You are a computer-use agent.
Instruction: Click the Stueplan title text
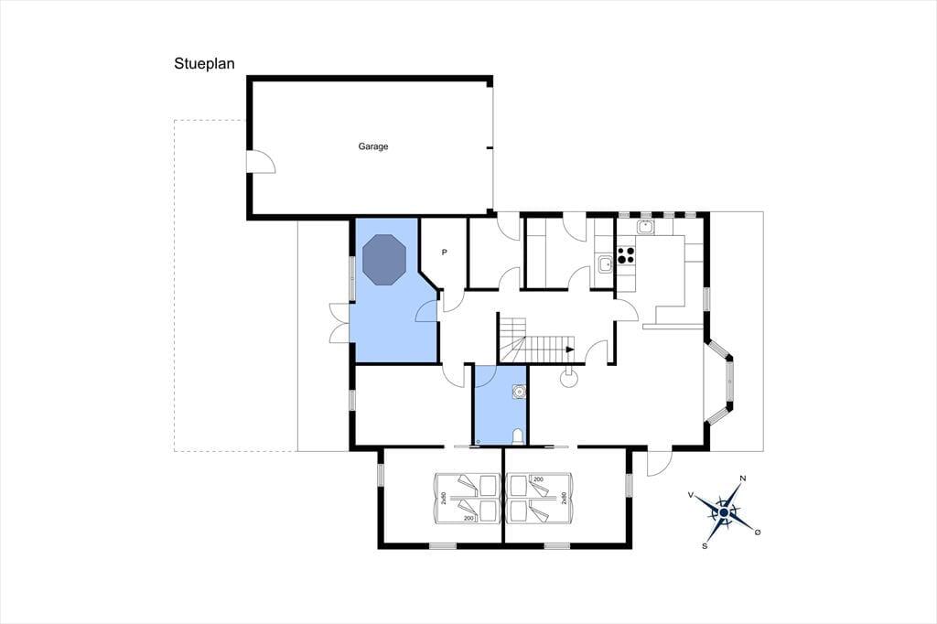204,64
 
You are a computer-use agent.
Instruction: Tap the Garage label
373,146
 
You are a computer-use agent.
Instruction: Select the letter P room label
444,253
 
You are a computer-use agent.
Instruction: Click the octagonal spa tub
384,260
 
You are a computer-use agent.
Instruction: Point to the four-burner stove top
626,255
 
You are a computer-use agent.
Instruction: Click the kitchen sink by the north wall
645,227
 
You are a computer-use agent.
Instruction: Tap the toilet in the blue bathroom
518,437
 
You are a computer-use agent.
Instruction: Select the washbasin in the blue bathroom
519,392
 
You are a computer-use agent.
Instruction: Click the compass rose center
725,512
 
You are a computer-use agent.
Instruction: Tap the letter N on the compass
743,479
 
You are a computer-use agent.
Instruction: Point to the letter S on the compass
705,545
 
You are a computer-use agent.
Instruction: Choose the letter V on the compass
691,495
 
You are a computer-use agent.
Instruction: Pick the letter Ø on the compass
758,532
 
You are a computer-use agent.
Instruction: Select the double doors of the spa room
341,323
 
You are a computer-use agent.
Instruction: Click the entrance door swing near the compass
660,463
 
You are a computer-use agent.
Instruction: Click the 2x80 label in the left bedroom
444,498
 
